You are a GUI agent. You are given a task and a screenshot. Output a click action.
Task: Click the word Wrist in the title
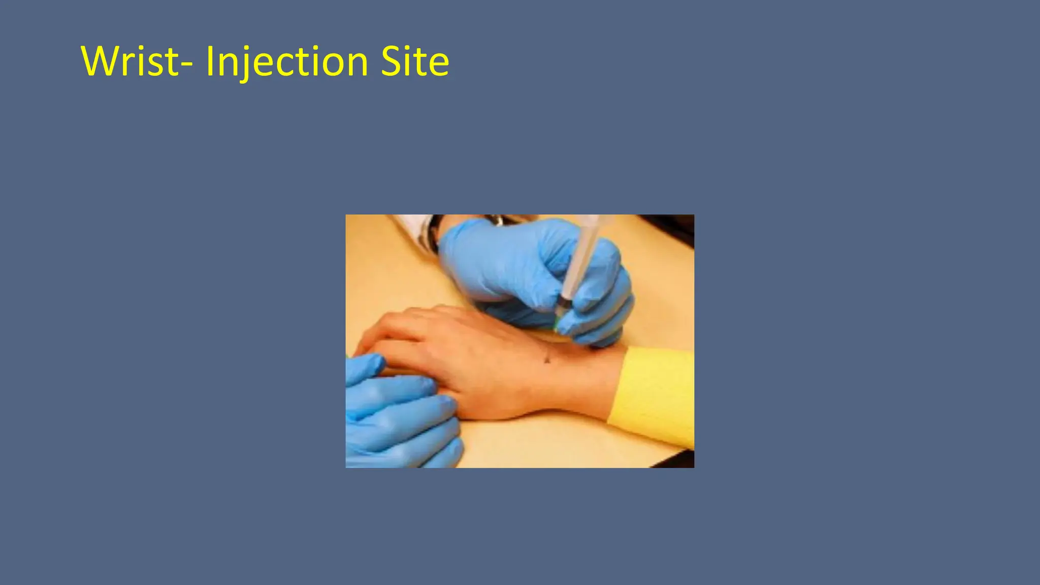(x=129, y=61)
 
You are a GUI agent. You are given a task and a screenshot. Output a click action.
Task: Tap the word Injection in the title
(x=287, y=62)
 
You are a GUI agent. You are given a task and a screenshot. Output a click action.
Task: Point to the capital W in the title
(x=100, y=61)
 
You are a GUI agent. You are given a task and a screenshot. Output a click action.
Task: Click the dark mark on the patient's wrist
(x=547, y=360)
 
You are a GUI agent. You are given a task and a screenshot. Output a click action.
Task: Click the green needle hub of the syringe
(x=557, y=323)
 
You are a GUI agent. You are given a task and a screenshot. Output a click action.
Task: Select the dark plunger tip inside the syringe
(x=563, y=303)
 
